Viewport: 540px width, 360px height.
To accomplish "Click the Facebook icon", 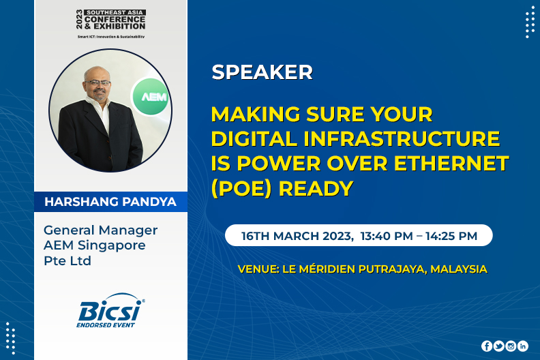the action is click(487, 346).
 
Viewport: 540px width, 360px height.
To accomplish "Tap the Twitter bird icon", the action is click(498, 346).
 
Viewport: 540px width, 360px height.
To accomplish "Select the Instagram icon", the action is click(511, 346).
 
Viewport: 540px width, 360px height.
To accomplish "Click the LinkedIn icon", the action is click(523, 346).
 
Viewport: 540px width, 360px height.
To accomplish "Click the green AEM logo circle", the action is click(151, 97).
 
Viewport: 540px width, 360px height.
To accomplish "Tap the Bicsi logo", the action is click(110, 310).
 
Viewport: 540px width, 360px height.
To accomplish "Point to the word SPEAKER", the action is click(262, 72).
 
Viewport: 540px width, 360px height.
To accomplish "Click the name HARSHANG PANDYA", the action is click(110, 202).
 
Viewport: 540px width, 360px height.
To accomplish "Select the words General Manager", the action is click(100, 230).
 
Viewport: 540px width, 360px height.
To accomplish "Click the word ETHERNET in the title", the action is click(451, 163).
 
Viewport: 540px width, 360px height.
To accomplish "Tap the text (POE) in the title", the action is click(242, 189).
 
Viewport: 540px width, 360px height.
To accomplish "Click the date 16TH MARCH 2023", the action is click(297, 236).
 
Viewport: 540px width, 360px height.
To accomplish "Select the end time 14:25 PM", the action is click(451, 236).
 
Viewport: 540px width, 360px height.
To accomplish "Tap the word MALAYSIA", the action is click(459, 269).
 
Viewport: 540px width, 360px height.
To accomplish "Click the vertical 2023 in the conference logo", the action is click(80, 19).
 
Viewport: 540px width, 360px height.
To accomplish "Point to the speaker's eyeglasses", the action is click(97, 82).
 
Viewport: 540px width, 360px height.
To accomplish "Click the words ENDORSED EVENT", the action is click(106, 325).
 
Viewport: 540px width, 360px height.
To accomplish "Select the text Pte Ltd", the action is click(67, 260).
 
